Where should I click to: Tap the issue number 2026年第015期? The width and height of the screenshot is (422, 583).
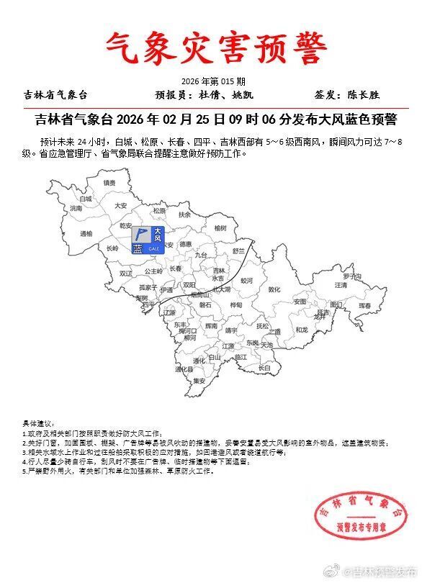[x=213, y=81]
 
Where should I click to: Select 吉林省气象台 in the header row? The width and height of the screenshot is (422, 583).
[x=55, y=94]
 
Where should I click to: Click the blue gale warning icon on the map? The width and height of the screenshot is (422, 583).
[x=148, y=240]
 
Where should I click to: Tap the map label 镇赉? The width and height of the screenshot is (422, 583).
[x=109, y=183]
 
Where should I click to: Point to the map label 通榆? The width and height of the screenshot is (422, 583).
[x=86, y=234]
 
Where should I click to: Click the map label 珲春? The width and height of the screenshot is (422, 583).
[x=366, y=305]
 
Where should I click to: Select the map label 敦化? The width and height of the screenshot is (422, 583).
[x=274, y=289]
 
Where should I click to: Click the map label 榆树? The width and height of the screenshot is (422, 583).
[x=210, y=227]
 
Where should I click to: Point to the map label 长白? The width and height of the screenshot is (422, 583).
[x=264, y=367]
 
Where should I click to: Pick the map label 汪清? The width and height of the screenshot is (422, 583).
[x=341, y=285]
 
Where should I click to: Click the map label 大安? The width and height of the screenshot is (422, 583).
[x=121, y=205]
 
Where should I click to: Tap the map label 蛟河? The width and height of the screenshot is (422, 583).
[x=246, y=280]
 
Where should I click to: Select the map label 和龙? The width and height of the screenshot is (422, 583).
[x=302, y=330]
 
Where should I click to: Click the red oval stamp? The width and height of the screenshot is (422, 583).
[x=354, y=518]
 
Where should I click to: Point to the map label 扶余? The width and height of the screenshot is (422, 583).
[x=185, y=214]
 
